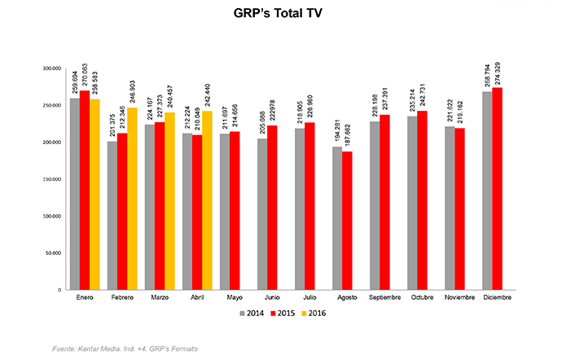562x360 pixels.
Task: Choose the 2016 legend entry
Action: point(318,312)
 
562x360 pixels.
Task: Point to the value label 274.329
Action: point(497,69)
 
